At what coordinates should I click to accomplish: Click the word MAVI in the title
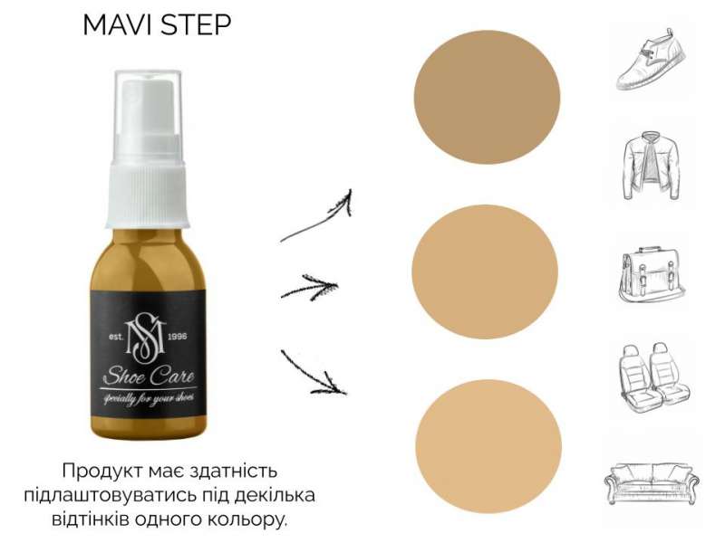(118, 25)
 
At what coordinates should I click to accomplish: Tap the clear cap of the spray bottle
(148, 120)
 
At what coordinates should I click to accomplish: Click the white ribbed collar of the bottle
(148, 198)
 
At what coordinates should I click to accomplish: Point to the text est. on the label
(116, 337)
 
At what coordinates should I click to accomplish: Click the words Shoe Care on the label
(149, 376)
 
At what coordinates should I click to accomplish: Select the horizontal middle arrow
(310, 288)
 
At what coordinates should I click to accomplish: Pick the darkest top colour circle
(487, 98)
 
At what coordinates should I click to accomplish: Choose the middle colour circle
(485, 272)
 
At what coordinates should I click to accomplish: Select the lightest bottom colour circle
(488, 446)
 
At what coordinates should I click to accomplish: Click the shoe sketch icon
(651, 59)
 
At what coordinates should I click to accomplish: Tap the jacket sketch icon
(651, 167)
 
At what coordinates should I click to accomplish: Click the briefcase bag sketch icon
(652, 275)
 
